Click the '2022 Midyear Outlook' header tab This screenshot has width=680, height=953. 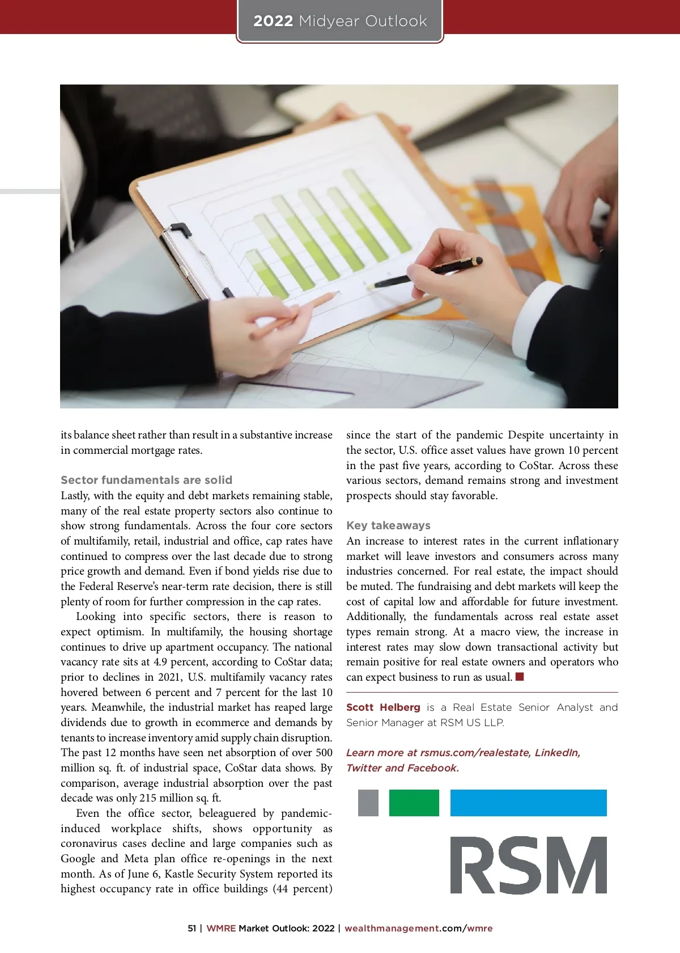pyautogui.click(x=340, y=22)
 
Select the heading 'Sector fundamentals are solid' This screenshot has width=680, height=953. pyautogui.click(x=146, y=480)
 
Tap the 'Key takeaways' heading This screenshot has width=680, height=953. pyautogui.click(x=388, y=525)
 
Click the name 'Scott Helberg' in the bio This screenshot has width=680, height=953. pyautogui.click(x=383, y=707)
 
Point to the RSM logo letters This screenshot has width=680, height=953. pyautogui.click(x=528, y=865)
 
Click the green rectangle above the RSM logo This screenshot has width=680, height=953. pyautogui.click(x=414, y=803)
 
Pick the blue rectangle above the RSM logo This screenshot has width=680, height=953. pyautogui.click(x=528, y=803)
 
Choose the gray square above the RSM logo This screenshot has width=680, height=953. pyautogui.click(x=368, y=803)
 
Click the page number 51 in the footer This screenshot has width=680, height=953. pyautogui.click(x=192, y=929)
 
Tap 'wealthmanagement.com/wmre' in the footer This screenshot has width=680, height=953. pyautogui.click(x=418, y=929)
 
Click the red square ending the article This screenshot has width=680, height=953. pyautogui.click(x=520, y=677)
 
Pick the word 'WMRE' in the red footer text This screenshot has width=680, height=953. pyautogui.click(x=221, y=929)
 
